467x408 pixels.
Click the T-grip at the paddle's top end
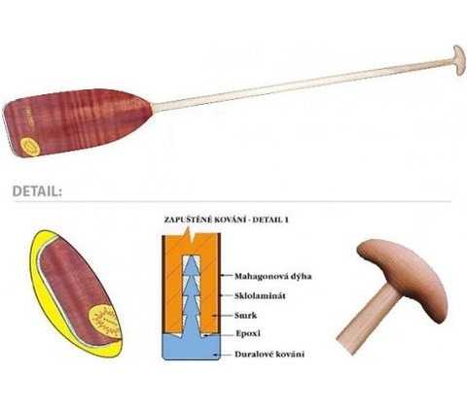459,60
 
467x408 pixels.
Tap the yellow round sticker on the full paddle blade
30,147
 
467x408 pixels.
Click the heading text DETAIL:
37,191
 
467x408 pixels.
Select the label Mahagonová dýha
273,276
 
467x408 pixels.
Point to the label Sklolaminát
260,295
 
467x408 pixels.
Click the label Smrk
246,315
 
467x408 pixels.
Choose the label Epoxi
248,333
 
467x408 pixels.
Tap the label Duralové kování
269,354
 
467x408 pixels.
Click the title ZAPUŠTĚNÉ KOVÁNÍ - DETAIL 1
227,220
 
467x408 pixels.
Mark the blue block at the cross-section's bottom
192,347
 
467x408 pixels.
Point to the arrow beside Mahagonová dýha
227,276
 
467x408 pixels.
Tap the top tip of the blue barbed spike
192,256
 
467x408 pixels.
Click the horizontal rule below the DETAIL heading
233,201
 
